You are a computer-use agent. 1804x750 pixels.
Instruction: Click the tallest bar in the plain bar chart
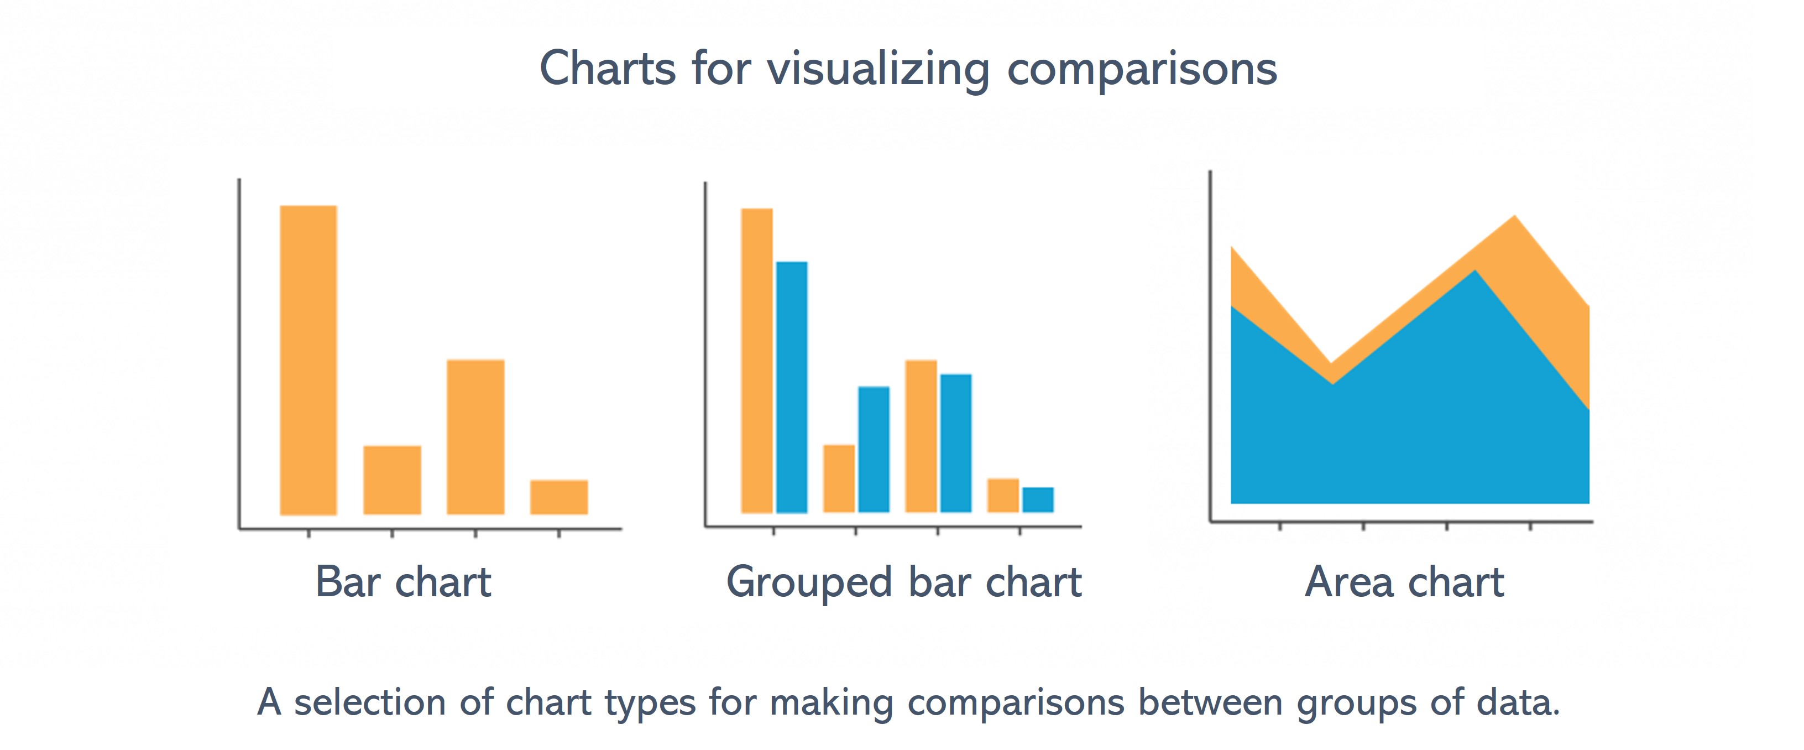point(308,360)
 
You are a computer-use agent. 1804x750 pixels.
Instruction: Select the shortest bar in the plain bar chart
point(559,497)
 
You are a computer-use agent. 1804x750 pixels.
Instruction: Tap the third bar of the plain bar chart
point(475,437)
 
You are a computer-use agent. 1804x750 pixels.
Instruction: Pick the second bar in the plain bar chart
point(392,480)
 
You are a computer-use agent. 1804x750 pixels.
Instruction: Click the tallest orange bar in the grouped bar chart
point(757,361)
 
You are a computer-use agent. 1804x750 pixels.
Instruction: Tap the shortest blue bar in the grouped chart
point(1038,499)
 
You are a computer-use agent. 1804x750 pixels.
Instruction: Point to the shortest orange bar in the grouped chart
point(1003,495)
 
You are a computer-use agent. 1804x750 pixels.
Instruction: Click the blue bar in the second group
point(874,449)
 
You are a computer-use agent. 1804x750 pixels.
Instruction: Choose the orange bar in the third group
point(921,436)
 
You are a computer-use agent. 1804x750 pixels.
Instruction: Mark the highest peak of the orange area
point(1515,216)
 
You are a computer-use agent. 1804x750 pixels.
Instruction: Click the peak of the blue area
point(1476,270)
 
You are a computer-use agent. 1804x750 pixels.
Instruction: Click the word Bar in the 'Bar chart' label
point(348,581)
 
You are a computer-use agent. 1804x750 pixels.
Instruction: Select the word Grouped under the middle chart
point(809,582)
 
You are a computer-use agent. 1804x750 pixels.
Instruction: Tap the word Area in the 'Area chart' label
point(1349,581)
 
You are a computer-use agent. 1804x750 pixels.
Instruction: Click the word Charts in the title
point(608,69)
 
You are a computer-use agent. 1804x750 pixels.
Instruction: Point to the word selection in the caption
point(370,702)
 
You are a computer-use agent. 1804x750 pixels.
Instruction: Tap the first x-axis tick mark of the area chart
point(1280,526)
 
